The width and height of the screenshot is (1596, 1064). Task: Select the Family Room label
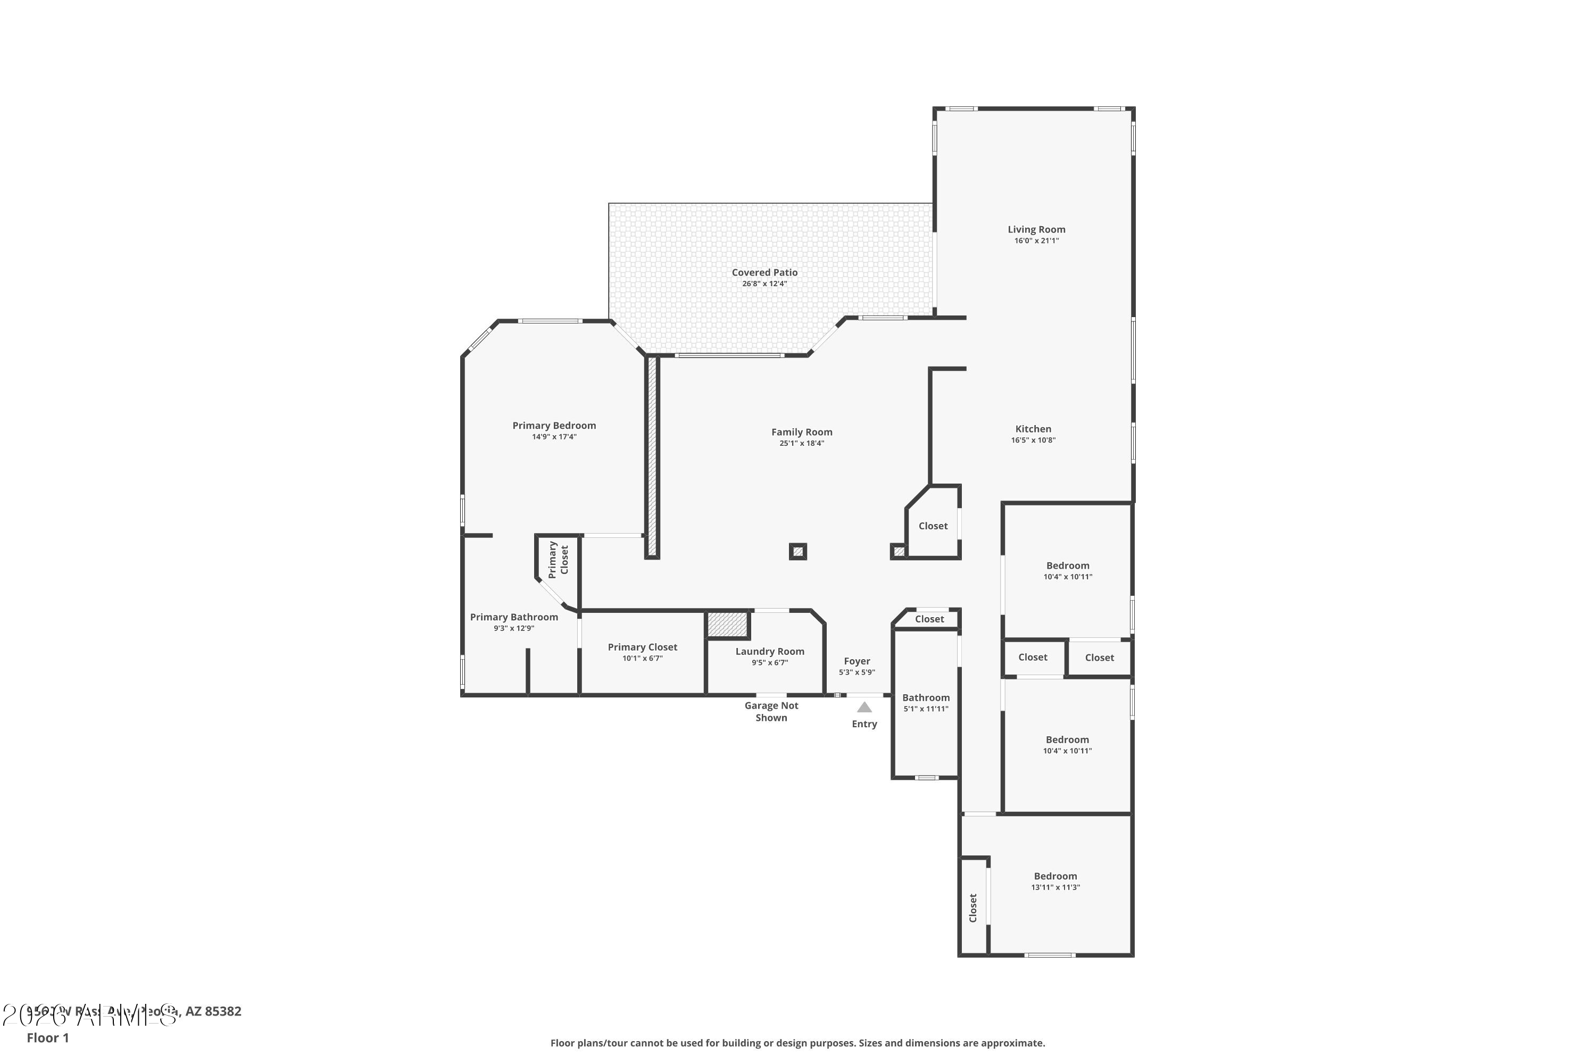(801, 431)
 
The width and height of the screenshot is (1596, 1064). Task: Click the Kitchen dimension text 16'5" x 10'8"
(1033, 440)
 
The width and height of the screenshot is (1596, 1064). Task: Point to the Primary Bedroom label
(554, 426)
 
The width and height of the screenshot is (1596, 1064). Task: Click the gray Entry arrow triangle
(864, 707)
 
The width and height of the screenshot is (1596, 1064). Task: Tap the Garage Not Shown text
(771, 711)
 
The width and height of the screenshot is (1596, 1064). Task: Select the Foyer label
(857, 661)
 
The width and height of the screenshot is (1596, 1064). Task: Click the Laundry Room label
(769, 651)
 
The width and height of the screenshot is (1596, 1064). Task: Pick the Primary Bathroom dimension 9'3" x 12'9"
(514, 628)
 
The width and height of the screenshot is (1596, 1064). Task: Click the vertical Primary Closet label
(558, 559)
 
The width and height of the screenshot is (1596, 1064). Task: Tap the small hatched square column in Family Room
(798, 552)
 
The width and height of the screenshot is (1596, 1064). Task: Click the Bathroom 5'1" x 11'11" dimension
(926, 709)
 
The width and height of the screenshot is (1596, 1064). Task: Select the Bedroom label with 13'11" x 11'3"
(1055, 876)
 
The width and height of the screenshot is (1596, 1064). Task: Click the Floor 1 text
(47, 1037)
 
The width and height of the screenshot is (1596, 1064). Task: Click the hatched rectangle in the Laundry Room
(727, 624)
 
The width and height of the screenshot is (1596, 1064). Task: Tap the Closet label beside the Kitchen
(933, 526)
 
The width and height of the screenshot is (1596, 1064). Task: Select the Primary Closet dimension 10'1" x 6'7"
(642, 658)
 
